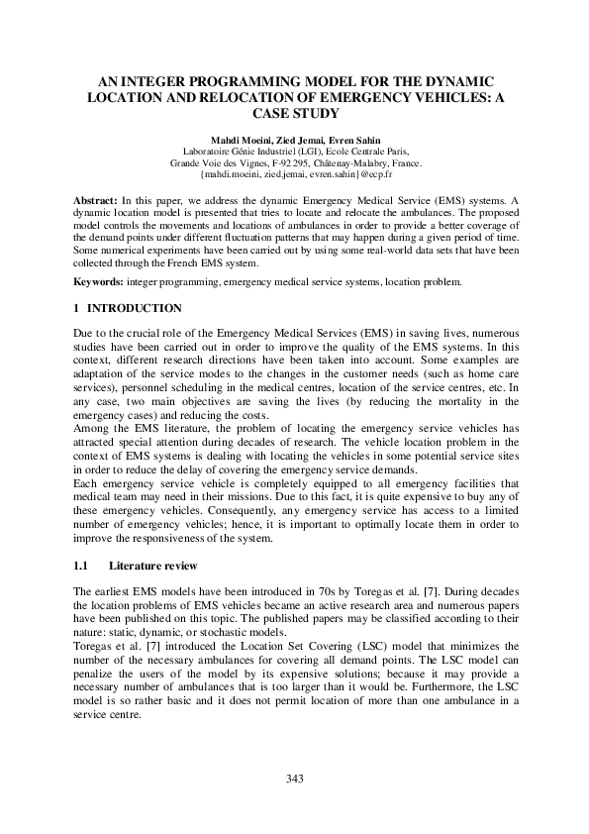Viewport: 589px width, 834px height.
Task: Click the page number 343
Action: click(294, 779)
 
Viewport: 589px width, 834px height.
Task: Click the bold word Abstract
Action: click(97, 200)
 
